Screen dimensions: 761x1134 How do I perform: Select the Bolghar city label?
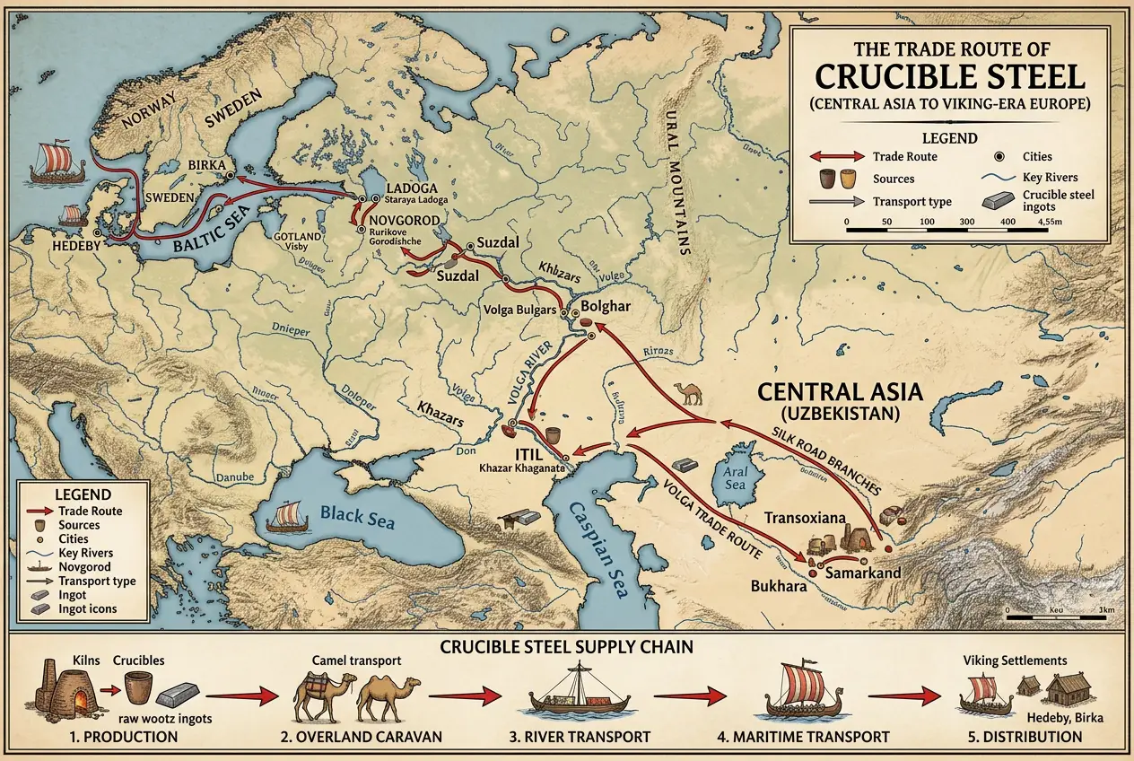pos(607,307)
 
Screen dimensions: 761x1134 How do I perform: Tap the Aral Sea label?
pos(735,483)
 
